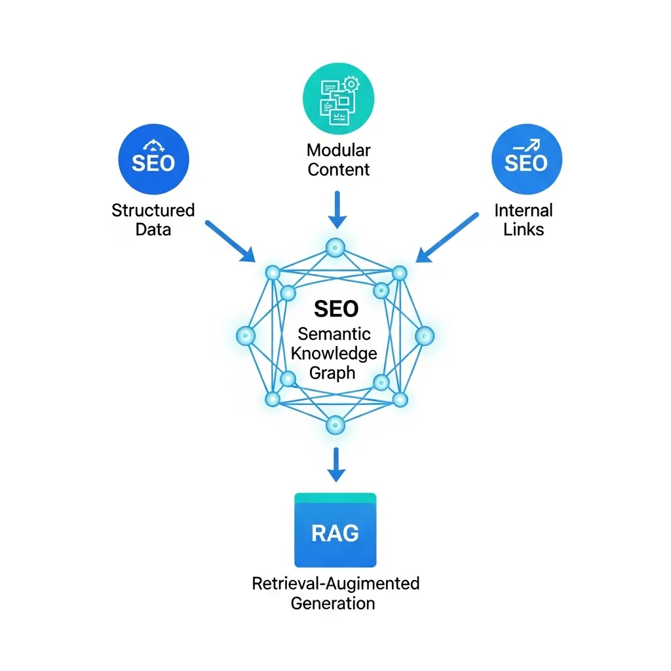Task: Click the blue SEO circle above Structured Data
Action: point(153,160)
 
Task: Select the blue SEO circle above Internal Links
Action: point(526,160)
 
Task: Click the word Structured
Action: point(153,210)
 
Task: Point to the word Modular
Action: point(339,150)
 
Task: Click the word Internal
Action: point(524,210)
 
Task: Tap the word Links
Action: point(524,229)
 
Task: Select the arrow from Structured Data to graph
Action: point(230,241)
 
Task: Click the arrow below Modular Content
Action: point(335,210)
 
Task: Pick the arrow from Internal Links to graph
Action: point(448,238)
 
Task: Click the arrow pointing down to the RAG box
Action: point(335,466)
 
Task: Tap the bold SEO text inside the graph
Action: point(336,309)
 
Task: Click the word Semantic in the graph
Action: point(334,334)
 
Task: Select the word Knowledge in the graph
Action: point(334,353)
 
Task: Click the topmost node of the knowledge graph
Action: point(335,247)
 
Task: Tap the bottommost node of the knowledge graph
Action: point(335,423)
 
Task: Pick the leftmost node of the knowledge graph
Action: point(246,335)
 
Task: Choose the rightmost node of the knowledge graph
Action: point(425,335)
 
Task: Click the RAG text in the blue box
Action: point(335,533)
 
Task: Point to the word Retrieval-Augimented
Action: point(335,583)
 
